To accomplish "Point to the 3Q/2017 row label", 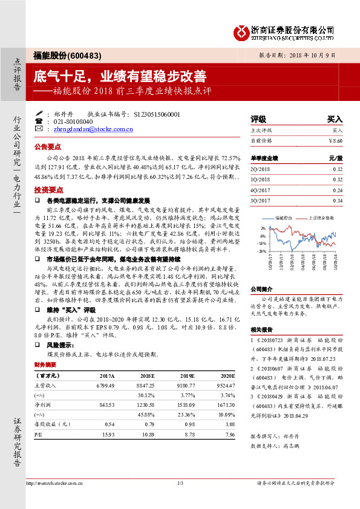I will tap(260, 200).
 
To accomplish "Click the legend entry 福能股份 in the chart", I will tap(284, 216).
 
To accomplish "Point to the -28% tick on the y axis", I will tap(263, 251).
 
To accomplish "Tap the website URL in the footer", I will tap(51, 482).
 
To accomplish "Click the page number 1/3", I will tap(180, 482).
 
